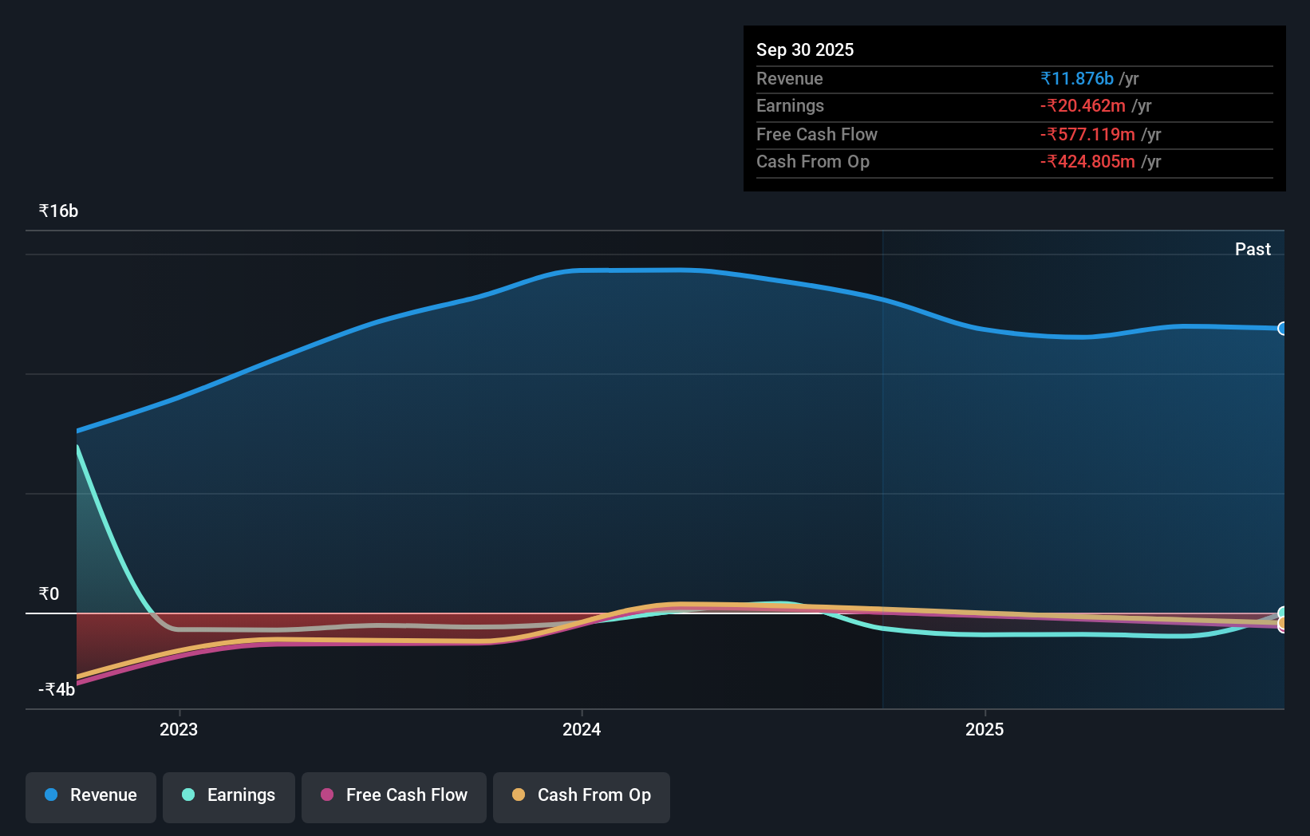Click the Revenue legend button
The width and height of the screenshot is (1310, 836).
coord(91,796)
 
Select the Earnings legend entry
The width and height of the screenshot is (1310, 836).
coord(229,796)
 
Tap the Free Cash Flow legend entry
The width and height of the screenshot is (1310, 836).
coord(394,796)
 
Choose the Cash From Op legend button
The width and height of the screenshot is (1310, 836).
coord(582,796)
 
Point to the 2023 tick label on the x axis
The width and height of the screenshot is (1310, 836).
coord(179,729)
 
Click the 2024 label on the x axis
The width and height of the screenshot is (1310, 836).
coord(582,729)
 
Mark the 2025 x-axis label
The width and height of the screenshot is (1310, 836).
coord(984,729)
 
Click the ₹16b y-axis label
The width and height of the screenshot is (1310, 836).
coord(58,211)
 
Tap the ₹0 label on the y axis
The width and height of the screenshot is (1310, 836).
coord(49,593)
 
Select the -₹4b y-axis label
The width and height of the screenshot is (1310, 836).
coord(57,689)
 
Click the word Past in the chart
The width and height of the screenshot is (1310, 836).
coord(1253,250)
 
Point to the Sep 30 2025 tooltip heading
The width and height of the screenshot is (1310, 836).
coord(805,50)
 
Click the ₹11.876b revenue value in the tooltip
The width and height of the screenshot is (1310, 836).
coord(1077,79)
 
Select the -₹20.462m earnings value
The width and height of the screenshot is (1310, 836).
coord(1083,106)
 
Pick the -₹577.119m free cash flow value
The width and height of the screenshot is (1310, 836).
coord(1087,135)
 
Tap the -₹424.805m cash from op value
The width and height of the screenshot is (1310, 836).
coord(1087,162)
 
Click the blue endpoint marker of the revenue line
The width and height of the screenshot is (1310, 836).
coord(1282,329)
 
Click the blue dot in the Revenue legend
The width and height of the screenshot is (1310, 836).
coord(51,795)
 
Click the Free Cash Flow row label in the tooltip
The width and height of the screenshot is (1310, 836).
coord(816,135)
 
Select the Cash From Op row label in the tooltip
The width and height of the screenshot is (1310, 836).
coord(812,162)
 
